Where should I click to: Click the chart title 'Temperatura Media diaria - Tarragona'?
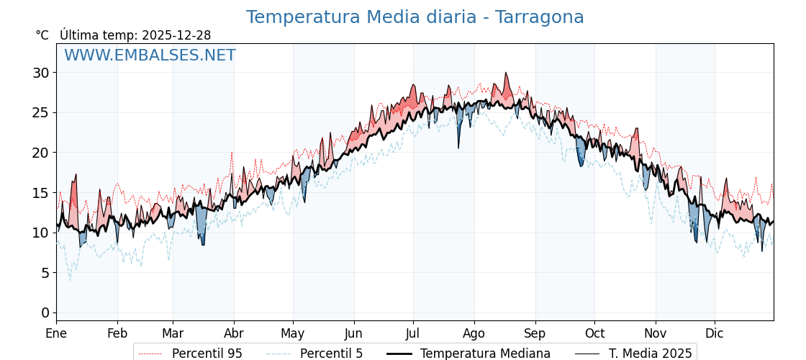coord(415,17)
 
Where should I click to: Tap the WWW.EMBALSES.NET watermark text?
coord(150,55)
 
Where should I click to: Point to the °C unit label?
coord(42,35)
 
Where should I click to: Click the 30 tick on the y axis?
coord(40,73)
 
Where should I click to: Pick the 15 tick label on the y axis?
coord(40,193)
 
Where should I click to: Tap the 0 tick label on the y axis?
coord(45,312)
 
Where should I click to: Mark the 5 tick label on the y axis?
coord(45,273)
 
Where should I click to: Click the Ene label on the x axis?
coord(56,333)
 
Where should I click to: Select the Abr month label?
coord(234,333)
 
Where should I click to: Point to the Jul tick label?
coord(413,333)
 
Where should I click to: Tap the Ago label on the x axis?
coord(474,333)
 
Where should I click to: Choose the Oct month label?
coord(594,333)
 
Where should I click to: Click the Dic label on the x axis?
coord(715,333)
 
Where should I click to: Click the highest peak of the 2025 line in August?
coord(506,73)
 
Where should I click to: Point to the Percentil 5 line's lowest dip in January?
coord(70,280)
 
